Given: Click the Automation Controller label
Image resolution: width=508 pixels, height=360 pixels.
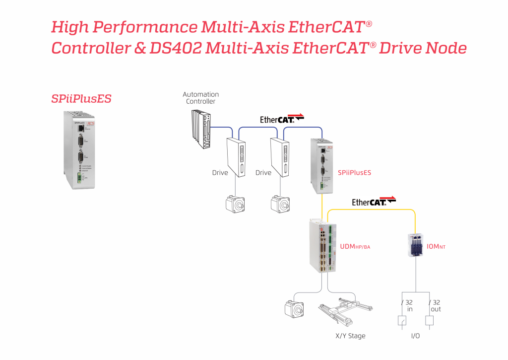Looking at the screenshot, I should [x=200, y=98].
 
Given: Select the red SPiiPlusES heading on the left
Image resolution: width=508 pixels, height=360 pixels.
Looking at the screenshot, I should [x=81, y=98].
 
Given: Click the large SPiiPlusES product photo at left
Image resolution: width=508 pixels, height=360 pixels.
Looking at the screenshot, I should [x=80, y=149].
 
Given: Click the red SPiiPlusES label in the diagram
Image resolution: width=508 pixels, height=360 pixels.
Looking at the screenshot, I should [x=354, y=173].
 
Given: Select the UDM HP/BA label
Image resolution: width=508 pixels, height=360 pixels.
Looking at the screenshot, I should [x=355, y=246].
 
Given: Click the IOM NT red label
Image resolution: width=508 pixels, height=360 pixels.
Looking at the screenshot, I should [x=436, y=245].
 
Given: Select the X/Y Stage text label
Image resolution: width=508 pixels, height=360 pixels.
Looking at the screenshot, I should [x=350, y=336].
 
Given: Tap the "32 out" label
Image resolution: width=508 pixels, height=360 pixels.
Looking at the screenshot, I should [x=435, y=305].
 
